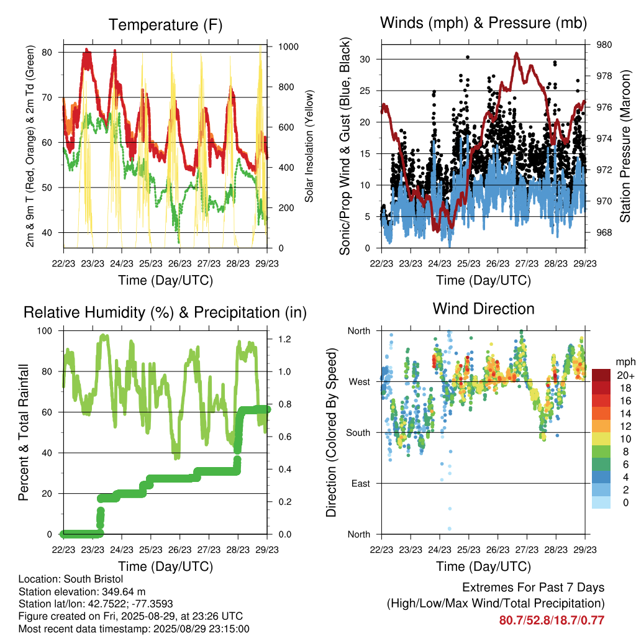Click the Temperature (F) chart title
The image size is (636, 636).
click(x=165, y=25)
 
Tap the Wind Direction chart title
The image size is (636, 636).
click(x=483, y=309)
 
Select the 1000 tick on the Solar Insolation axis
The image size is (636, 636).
click(x=288, y=47)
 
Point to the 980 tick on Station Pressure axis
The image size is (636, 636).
click(x=604, y=45)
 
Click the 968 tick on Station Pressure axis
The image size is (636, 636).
click(x=604, y=232)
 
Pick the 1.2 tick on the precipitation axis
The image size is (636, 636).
click(x=284, y=339)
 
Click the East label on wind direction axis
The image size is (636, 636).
click(x=361, y=483)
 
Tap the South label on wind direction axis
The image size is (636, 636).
click(x=358, y=433)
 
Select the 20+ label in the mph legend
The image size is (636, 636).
click(x=625, y=375)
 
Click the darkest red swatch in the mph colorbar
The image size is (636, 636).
click(x=601, y=375)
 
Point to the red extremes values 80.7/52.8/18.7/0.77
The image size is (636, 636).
click(x=552, y=620)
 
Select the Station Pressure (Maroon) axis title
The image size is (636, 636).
click(x=625, y=146)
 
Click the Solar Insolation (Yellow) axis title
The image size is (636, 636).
click(x=309, y=146)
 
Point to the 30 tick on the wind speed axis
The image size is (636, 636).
click(x=365, y=59)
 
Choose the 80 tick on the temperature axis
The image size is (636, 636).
click(x=47, y=52)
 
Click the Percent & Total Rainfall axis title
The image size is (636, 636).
click(x=24, y=432)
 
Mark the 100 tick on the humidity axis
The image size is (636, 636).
click(x=45, y=330)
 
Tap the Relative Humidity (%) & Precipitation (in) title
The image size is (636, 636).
click(x=165, y=313)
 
